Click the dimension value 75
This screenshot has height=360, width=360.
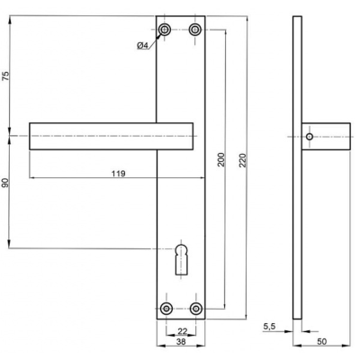[x=6, y=76]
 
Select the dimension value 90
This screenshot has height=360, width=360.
[x=6, y=184]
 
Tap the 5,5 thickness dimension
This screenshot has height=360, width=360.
[x=269, y=326]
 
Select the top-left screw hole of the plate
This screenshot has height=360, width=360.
[x=165, y=31]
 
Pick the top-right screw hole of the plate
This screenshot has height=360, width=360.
[x=195, y=31]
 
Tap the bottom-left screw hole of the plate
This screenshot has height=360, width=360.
[x=165, y=308]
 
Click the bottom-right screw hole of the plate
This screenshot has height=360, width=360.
[x=195, y=308]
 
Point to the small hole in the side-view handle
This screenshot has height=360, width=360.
[x=309, y=137]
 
